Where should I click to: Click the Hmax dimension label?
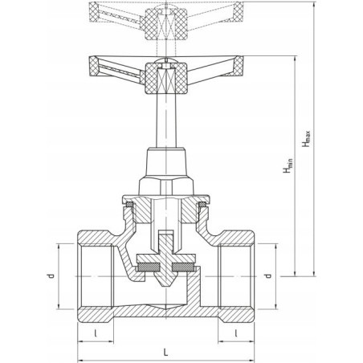pos(306,139)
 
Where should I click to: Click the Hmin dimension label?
pos(288,165)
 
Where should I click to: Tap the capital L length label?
pos(166,352)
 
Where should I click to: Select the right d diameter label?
pos(268,275)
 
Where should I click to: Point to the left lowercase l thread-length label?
pos(95,333)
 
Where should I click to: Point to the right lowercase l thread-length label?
pos(236,333)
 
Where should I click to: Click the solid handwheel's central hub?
pos(166,78)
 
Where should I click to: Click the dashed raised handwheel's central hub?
pos(166,24)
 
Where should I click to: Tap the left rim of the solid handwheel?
pos(94,66)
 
